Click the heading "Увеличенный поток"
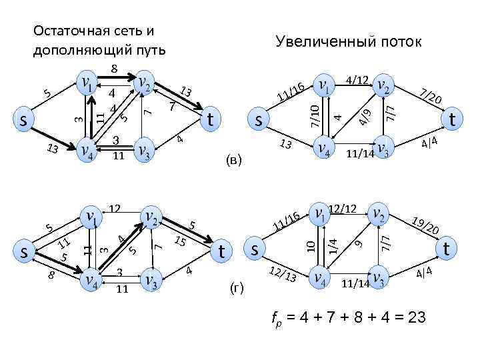click(349, 42)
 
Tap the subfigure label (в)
click(233, 160)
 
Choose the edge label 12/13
click(283, 272)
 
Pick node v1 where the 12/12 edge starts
click(321, 215)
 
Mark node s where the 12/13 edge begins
click(255, 249)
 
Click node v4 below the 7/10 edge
click(323, 147)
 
